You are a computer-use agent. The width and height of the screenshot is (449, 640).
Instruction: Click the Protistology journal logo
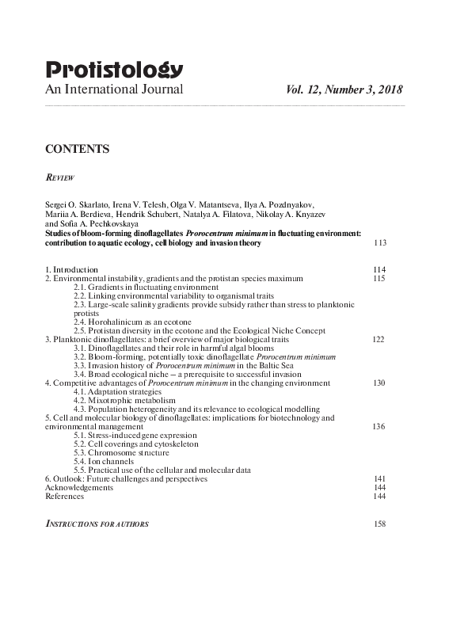[x=115, y=70]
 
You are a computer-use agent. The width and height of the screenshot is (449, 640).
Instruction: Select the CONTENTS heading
[x=77, y=149]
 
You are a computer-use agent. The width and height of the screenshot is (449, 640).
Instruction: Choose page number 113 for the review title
[x=380, y=242]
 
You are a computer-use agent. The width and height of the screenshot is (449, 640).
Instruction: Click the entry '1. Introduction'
[x=71, y=269]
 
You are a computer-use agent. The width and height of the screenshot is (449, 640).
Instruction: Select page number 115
[x=379, y=278]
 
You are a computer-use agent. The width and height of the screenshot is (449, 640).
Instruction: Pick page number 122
[x=379, y=339]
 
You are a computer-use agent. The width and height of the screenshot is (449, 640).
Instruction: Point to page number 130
[x=379, y=383]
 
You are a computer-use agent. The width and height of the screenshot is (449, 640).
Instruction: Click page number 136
[x=379, y=426]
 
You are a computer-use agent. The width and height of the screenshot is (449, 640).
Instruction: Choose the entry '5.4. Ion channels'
[x=105, y=461]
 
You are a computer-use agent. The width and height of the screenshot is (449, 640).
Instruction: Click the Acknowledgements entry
[x=79, y=487]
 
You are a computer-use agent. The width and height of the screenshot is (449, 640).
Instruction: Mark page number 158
[x=379, y=524]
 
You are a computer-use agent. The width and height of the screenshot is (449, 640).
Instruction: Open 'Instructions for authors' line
[x=97, y=524]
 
